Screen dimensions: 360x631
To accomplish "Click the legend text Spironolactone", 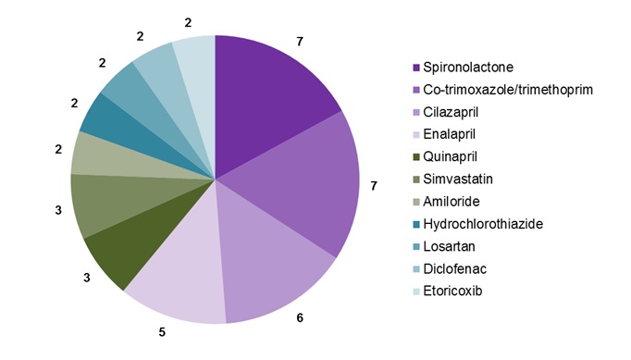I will (x=466, y=68).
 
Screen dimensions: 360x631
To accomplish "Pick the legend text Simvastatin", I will (x=458, y=180).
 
